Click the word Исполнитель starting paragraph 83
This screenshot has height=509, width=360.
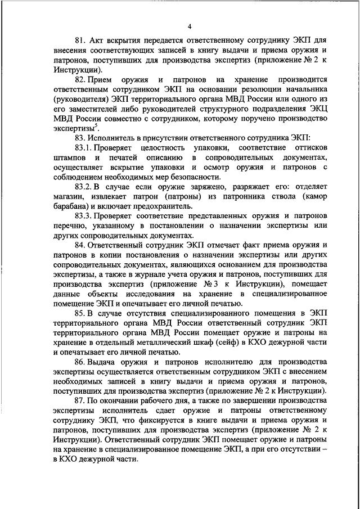coord(115,138)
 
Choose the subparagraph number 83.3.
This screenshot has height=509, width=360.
coord(82,217)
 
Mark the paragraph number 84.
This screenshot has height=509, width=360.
coord(80,246)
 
